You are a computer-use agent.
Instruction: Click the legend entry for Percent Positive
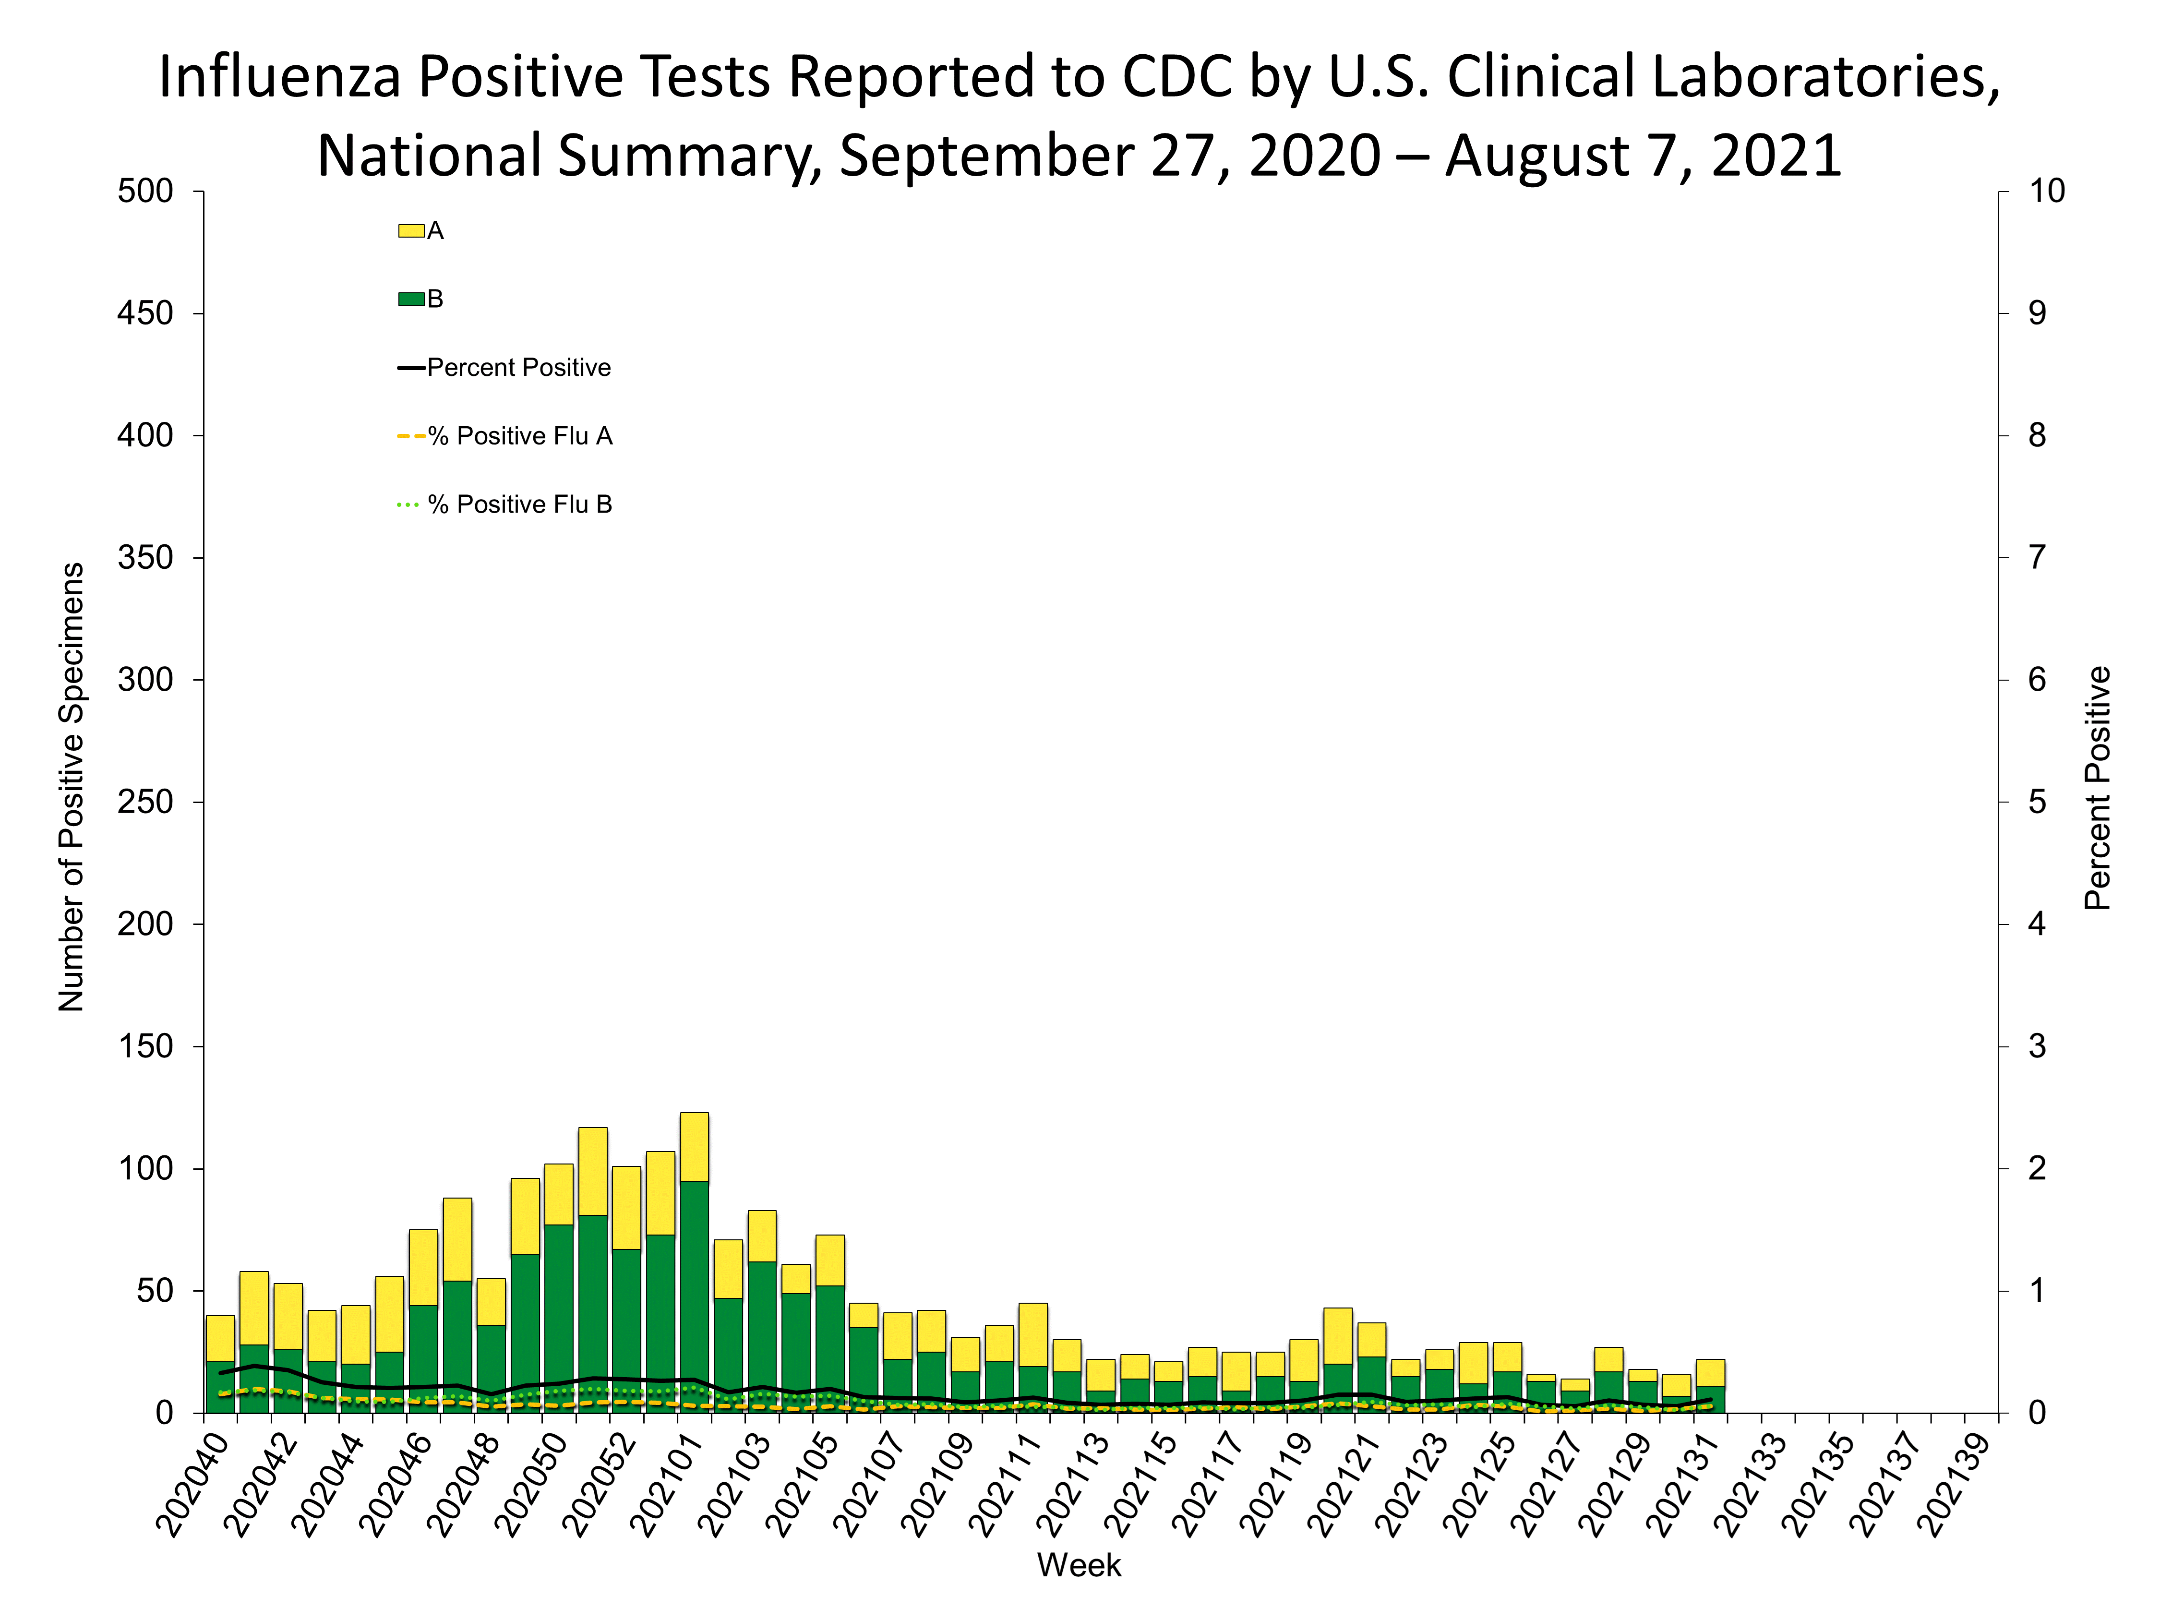(517, 367)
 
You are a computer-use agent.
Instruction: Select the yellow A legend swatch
(411, 230)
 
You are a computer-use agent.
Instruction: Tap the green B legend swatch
(411, 299)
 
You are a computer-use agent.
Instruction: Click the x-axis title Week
(1079, 1565)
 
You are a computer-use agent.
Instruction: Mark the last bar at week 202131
(1710, 1387)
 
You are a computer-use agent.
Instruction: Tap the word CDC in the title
(1176, 76)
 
